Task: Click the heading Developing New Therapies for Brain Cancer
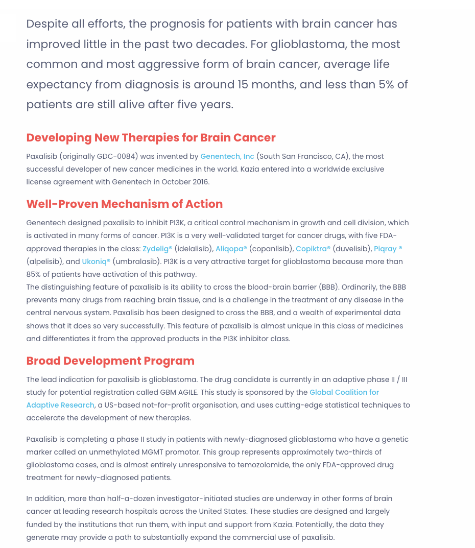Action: (x=151, y=138)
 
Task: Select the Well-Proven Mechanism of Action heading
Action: (x=124, y=204)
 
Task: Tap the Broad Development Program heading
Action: (x=110, y=361)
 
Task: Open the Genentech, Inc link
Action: (x=227, y=156)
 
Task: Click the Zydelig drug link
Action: (x=157, y=249)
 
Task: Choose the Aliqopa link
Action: (x=231, y=249)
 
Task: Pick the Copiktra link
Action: (x=313, y=249)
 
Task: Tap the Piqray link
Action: (x=388, y=249)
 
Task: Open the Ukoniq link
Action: (x=96, y=261)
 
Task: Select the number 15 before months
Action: (x=244, y=85)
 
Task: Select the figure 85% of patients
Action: (x=34, y=274)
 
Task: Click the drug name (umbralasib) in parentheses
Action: (x=136, y=261)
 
